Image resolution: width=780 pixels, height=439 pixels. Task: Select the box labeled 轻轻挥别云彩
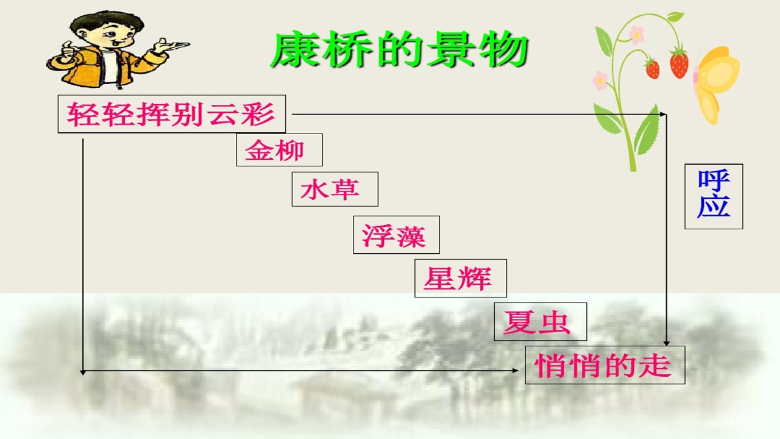click(172, 114)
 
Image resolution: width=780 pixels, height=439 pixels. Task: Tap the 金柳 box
click(279, 150)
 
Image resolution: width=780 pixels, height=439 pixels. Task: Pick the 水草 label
click(335, 189)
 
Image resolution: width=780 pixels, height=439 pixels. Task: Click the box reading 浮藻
click(396, 235)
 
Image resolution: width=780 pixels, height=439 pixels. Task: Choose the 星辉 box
click(460, 278)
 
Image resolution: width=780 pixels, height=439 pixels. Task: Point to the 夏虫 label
click(540, 321)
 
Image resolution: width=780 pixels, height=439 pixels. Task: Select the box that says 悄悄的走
click(605, 365)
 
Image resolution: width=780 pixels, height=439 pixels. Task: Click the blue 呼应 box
click(714, 196)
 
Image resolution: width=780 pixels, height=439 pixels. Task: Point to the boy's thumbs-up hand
click(67, 52)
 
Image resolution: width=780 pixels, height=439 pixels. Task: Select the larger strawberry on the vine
click(679, 63)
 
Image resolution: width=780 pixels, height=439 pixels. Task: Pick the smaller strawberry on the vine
click(652, 68)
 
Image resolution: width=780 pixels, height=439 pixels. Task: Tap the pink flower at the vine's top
click(637, 35)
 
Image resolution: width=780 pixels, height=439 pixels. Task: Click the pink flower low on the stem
click(600, 80)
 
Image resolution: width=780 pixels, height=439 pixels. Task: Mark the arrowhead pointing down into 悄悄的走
click(666, 343)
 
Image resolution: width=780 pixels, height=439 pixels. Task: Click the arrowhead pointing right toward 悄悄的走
click(516, 371)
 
